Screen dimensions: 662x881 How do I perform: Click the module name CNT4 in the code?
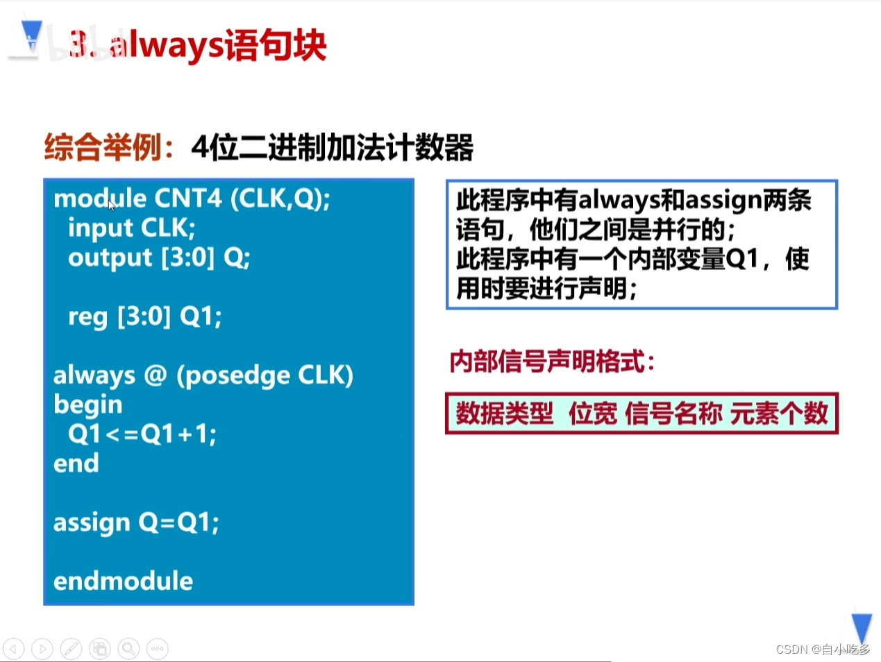click(x=188, y=198)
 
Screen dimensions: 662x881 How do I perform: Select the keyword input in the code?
click(x=101, y=228)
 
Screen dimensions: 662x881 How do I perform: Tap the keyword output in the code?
click(x=110, y=258)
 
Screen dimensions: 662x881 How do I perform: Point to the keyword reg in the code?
click(x=87, y=317)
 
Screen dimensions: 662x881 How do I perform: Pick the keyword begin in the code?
click(x=88, y=405)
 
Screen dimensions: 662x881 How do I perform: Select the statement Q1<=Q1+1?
click(x=142, y=434)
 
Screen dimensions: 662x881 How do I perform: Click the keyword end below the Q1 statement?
click(x=76, y=464)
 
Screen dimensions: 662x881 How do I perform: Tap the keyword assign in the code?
click(x=92, y=523)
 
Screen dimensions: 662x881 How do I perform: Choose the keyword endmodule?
click(x=124, y=582)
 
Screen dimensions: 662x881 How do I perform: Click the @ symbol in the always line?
click(x=156, y=375)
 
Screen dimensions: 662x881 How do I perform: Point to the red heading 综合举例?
click(x=104, y=147)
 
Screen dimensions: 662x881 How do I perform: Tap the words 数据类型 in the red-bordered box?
click(x=504, y=414)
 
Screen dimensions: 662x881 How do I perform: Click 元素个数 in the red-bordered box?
click(x=779, y=414)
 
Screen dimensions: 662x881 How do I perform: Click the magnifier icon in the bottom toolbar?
click(x=128, y=649)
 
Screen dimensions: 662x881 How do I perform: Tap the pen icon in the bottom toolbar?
click(x=71, y=649)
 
